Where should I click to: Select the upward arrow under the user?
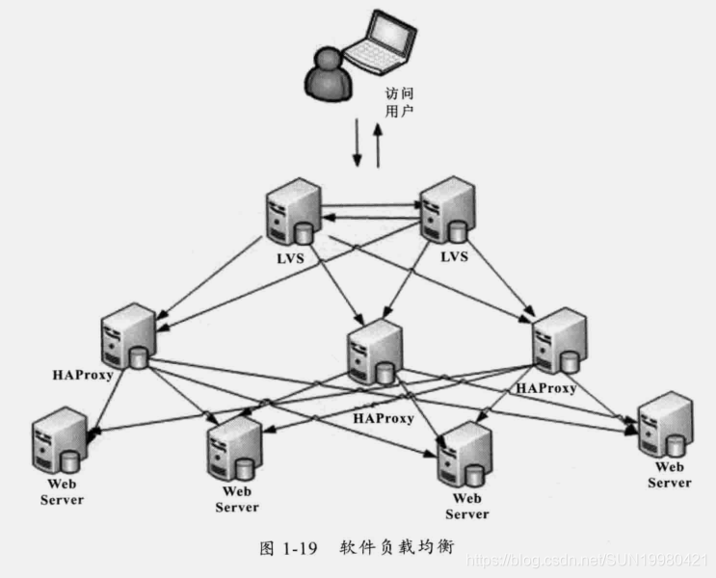pos(378,144)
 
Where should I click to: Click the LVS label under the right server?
pos(454,256)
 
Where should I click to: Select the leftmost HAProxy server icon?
pos(128,337)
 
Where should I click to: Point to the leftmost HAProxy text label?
pos(83,373)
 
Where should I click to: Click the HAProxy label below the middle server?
pos(384,418)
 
